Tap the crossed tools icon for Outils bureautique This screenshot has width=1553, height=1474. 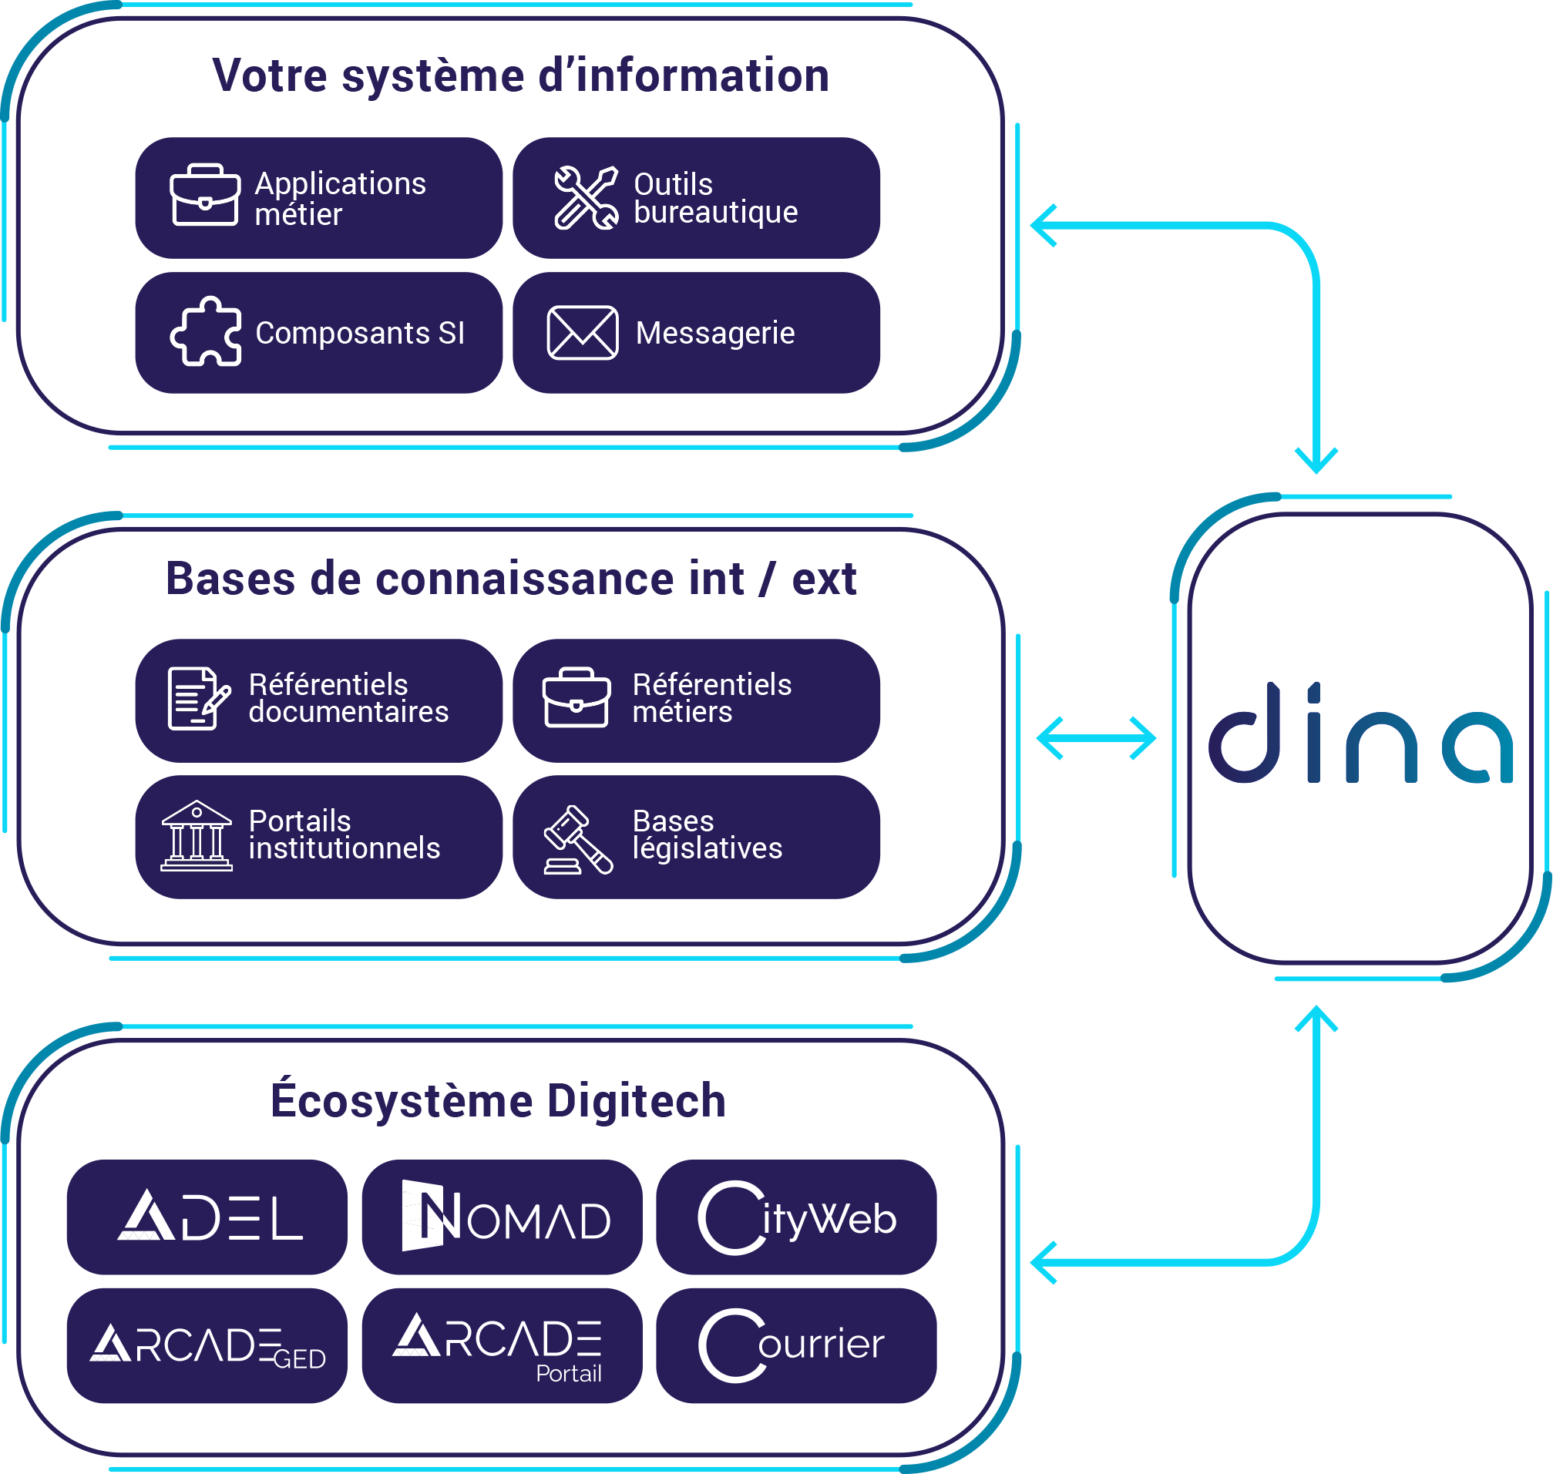pyautogui.click(x=587, y=198)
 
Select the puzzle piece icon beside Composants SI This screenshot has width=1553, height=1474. pyautogui.click(x=206, y=331)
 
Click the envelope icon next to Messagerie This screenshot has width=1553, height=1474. pyautogui.click(x=583, y=333)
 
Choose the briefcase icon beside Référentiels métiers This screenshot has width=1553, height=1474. pyautogui.click(x=576, y=698)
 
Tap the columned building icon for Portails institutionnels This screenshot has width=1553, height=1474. pyautogui.click(x=197, y=836)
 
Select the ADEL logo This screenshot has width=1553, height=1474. pyautogui.click(x=210, y=1217)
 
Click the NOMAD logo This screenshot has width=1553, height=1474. pyautogui.click(x=506, y=1217)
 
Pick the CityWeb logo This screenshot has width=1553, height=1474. pyautogui.click(x=797, y=1219)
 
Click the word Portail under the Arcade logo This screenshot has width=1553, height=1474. pyautogui.click(x=569, y=1373)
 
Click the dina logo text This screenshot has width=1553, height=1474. pyautogui.click(x=1360, y=734)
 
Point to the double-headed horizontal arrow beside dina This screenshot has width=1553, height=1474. pyautogui.click(x=1097, y=739)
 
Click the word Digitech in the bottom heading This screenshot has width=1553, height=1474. pyautogui.click(x=637, y=1101)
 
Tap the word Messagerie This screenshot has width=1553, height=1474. pyautogui.click(x=715, y=333)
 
